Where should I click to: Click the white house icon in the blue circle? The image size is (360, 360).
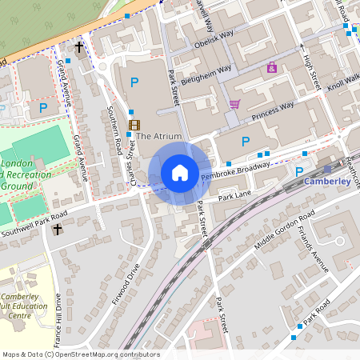point(180,172)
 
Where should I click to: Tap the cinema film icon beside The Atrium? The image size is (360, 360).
point(134,125)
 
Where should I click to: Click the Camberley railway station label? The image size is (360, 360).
point(328,182)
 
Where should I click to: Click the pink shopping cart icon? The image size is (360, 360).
point(234,104)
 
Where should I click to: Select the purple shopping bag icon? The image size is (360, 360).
point(272,68)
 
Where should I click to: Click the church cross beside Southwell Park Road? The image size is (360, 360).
point(57,230)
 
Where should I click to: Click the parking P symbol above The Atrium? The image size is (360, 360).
point(134,82)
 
